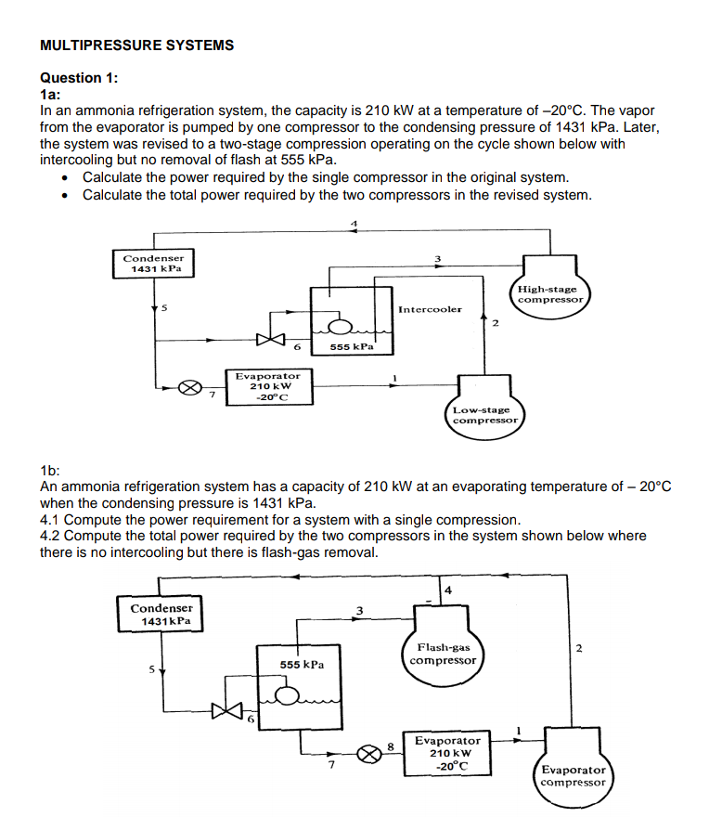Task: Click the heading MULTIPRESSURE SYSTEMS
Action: [x=137, y=45]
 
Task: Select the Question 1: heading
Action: [x=80, y=78]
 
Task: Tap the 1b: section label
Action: [x=51, y=472]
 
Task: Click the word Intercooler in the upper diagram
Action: [x=429, y=309]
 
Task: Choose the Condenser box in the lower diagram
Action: [x=161, y=614]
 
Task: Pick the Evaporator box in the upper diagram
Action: [x=267, y=386]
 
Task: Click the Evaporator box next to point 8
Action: [x=447, y=753]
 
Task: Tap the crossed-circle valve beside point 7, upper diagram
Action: [x=187, y=387]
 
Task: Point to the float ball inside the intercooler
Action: [x=341, y=326]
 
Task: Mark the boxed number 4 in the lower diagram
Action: [x=448, y=590]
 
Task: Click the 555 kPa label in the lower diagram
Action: [x=302, y=665]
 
